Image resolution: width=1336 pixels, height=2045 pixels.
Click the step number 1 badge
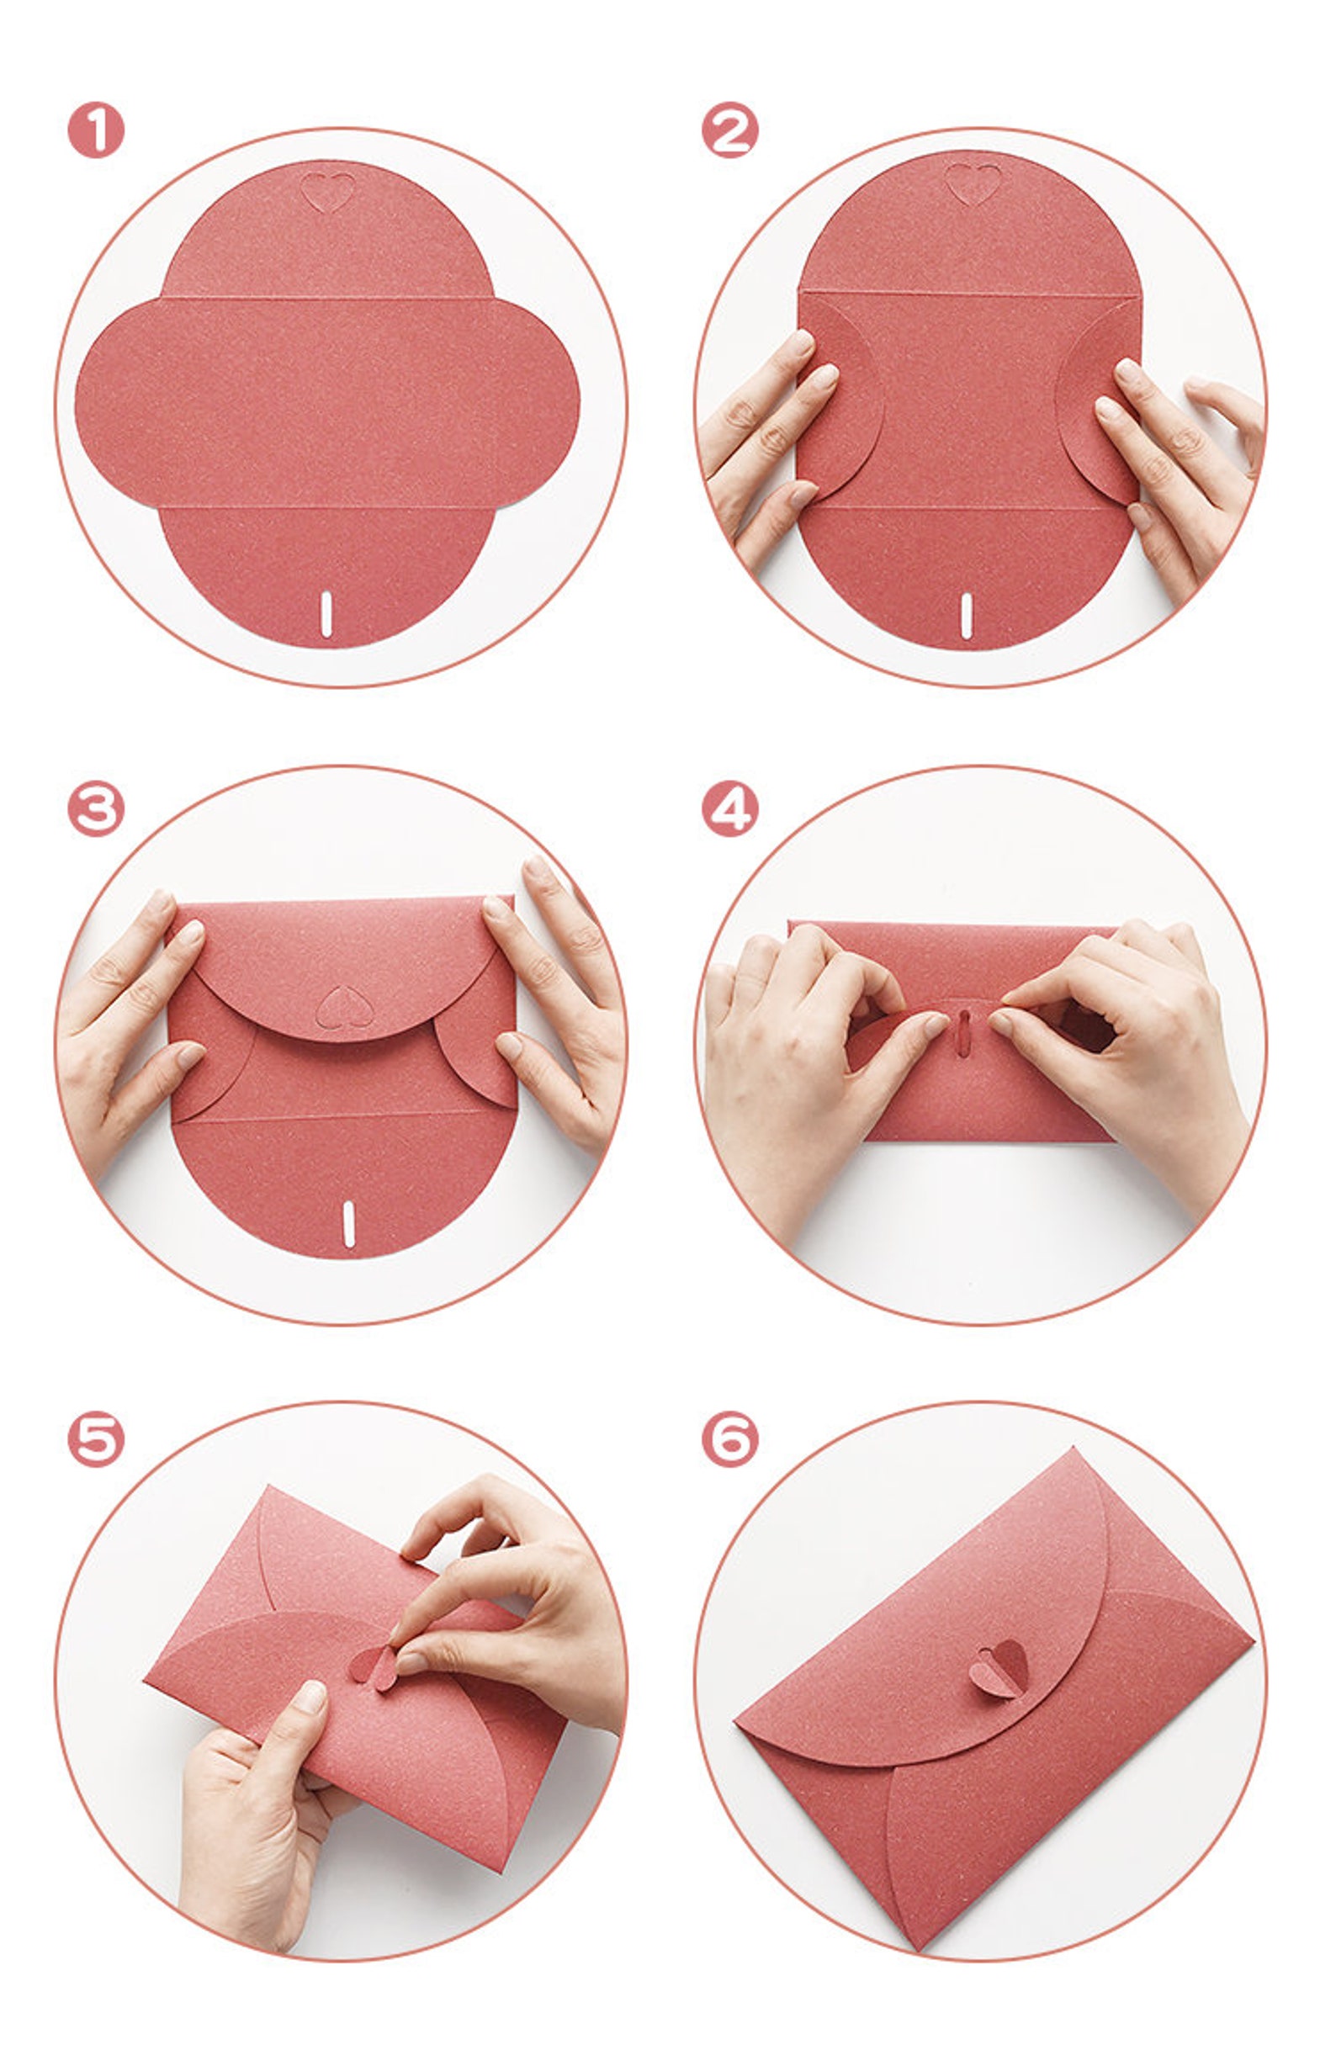pos(95,130)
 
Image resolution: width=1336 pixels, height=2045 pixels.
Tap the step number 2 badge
pos(729,130)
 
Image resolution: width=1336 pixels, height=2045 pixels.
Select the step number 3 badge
pos(95,808)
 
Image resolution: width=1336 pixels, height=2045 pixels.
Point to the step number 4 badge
pos(729,808)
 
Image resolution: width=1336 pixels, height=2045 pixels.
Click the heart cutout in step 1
pos(327,192)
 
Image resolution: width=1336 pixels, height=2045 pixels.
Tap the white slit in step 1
pos(326,613)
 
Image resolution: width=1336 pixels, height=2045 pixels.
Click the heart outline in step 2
pos(973,184)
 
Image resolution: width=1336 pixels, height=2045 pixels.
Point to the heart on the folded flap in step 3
pos(345,1006)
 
